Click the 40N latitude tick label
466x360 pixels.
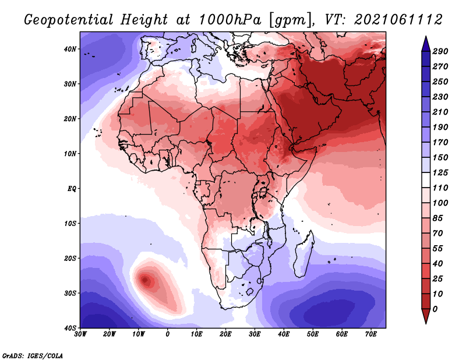(70, 49)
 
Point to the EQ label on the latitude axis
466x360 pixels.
(72, 189)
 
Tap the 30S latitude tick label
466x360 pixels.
(70, 293)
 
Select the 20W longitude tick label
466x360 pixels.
(110, 334)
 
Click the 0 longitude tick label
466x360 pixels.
(168, 334)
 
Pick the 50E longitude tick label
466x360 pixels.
(312, 334)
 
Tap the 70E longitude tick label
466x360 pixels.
(370, 334)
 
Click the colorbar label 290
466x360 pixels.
(440, 51)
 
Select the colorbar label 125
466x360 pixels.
(440, 172)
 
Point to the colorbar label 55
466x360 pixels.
(437, 249)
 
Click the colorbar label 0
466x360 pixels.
(435, 309)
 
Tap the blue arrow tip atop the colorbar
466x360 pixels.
(426, 37)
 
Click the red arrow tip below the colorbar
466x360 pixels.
(426, 323)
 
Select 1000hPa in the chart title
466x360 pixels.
(230, 20)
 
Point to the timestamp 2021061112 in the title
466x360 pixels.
(398, 20)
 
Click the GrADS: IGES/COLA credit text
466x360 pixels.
(33, 355)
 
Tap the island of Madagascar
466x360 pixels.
(303, 254)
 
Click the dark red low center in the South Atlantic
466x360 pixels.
(145, 280)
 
